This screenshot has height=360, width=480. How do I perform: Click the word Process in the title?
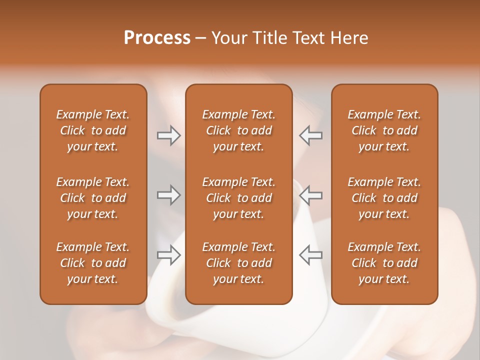[x=157, y=38]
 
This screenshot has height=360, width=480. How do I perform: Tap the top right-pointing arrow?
[x=168, y=135]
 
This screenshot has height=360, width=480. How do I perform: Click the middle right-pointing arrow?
[x=168, y=195]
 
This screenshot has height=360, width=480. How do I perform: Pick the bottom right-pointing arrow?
[x=168, y=255]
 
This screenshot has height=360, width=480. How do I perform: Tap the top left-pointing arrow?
[x=310, y=135]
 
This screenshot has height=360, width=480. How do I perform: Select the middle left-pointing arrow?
[x=310, y=195]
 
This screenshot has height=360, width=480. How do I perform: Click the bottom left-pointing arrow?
[x=310, y=255]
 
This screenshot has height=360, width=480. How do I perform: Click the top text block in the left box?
[x=93, y=130]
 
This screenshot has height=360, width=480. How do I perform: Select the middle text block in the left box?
[x=93, y=198]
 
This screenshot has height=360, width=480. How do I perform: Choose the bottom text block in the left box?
[x=93, y=263]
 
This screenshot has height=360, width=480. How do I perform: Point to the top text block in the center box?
[x=239, y=130]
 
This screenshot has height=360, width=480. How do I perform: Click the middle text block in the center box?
[x=239, y=198]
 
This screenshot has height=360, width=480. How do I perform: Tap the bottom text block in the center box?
[x=239, y=263]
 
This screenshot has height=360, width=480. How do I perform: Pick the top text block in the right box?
[x=384, y=130]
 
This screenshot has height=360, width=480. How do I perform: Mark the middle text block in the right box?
[x=384, y=198]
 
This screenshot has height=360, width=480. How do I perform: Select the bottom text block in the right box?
[x=384, y=263]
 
